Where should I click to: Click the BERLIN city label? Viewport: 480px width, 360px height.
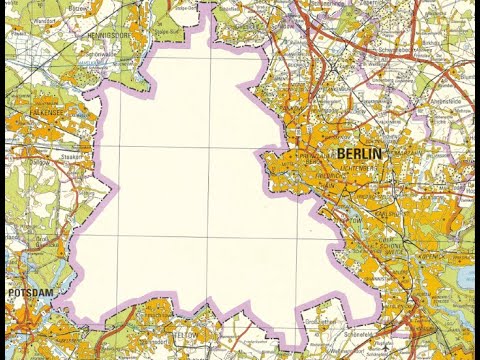tap(360, 153)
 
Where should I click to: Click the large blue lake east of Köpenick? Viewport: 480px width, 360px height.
tap(468, 276)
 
